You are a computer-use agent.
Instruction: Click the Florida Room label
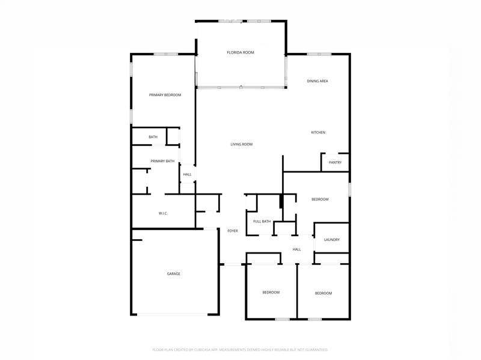coord(240,52)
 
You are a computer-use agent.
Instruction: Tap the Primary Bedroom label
coord(165,95)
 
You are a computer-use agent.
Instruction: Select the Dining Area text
coord(317,81)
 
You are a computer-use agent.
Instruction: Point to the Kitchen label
coord(318,132)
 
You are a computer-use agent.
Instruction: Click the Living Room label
coord(242,144)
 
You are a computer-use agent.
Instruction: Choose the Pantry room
coord(335,162)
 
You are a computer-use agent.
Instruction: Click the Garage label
coord(174,273)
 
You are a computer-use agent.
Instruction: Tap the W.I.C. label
coord(163,213)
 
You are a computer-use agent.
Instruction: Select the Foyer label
coord(233,231)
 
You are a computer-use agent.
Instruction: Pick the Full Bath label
coord(262,221)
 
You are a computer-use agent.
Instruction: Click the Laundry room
coord(332,238)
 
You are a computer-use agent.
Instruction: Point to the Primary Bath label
coord(162,161)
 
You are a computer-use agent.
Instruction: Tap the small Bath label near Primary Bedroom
coord(153,137)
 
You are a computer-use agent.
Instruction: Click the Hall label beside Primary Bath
coord(187,174)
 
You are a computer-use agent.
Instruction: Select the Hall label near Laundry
coord(296,249)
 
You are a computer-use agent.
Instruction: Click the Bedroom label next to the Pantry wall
coord(320,200)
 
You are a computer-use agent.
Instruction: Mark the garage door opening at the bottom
coord(173,314)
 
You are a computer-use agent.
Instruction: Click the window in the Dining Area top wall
coord(319,54)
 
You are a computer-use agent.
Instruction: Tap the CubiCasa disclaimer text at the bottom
coord(240,350)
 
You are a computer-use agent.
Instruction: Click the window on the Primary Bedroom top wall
coord(166,54)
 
